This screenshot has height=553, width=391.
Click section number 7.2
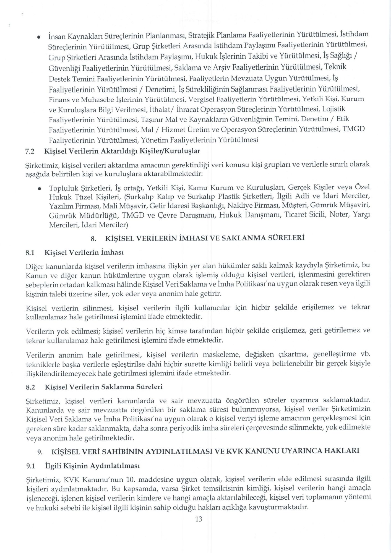tap(30, 151)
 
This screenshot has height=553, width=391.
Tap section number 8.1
tap(30, 252)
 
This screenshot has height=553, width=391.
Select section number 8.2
tap(30, 387)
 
